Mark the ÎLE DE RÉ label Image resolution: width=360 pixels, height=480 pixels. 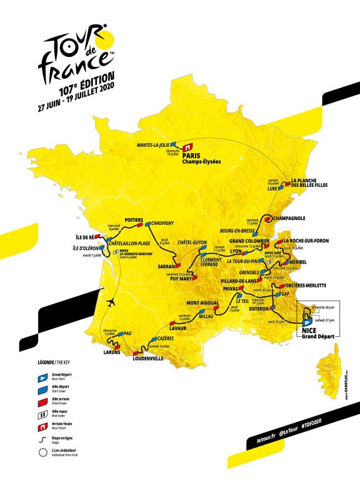[84, 237]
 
